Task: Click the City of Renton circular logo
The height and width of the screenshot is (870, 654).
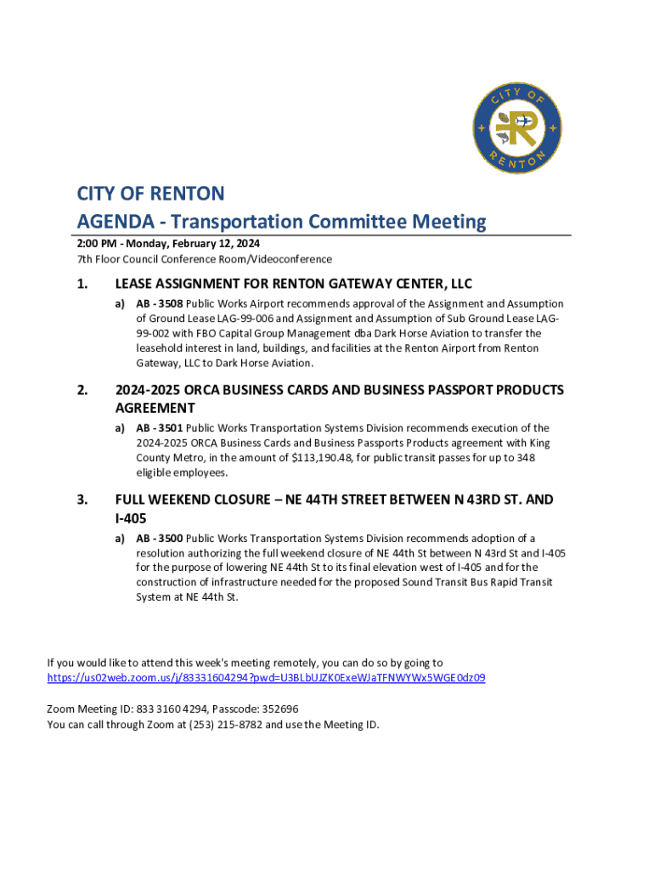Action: click(x=516, y=127)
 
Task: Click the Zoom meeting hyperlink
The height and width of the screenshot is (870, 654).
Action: click(x=266, y=678)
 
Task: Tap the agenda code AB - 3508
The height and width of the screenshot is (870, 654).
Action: click(x=160, y=303)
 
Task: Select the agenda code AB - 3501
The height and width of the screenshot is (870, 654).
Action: click(x=160, y=428)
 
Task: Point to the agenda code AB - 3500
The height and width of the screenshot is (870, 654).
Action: click(x=160, y=539)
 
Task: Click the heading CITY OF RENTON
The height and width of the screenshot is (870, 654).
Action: click(x=151, y=194)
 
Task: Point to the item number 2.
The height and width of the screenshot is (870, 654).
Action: click(x=82, y=391)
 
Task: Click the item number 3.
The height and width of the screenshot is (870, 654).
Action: click(x=82, y=500)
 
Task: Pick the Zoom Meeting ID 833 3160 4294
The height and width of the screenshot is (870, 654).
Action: click(x=157, y=709)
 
